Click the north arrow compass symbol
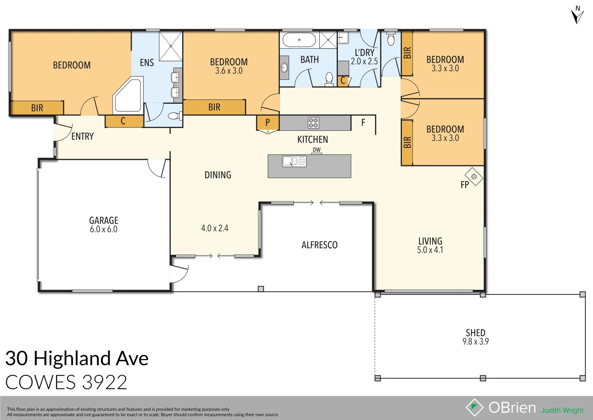[577, 15]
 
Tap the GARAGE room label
[104, 220]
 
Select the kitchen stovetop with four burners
[313, 123]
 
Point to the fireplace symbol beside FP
[474, 177]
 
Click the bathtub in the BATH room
[299, 40]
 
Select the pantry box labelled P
[268, 122]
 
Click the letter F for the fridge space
[363, 123]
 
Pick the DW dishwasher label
[316, 150]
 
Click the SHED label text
[475, 333]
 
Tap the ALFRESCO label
[320, 245]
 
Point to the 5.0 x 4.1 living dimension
[430, 250]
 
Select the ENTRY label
[82, 136]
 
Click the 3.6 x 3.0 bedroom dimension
[229, 71]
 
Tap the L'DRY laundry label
[365, 52]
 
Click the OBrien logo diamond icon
[474, 407]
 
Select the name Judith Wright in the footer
[562, 410]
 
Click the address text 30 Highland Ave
[77, 359]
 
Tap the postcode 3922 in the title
[104, 382]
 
